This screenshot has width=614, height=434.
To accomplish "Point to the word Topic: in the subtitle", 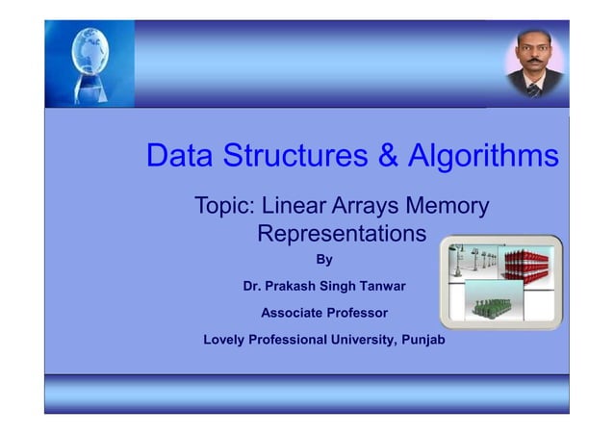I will [225, 207].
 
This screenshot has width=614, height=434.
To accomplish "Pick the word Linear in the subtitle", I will [296, 207].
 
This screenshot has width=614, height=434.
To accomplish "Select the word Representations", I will [341, 234].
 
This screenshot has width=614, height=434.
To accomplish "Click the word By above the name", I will [324, 260].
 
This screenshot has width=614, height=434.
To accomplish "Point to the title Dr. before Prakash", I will [253, 286].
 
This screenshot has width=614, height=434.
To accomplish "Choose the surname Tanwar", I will [382, 286].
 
